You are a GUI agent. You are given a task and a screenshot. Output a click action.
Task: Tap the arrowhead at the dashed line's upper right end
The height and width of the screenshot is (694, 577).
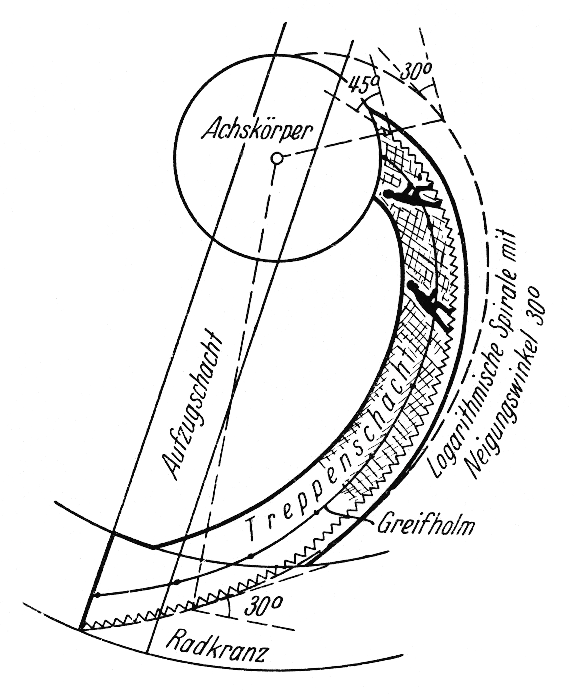pos(442,119)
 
